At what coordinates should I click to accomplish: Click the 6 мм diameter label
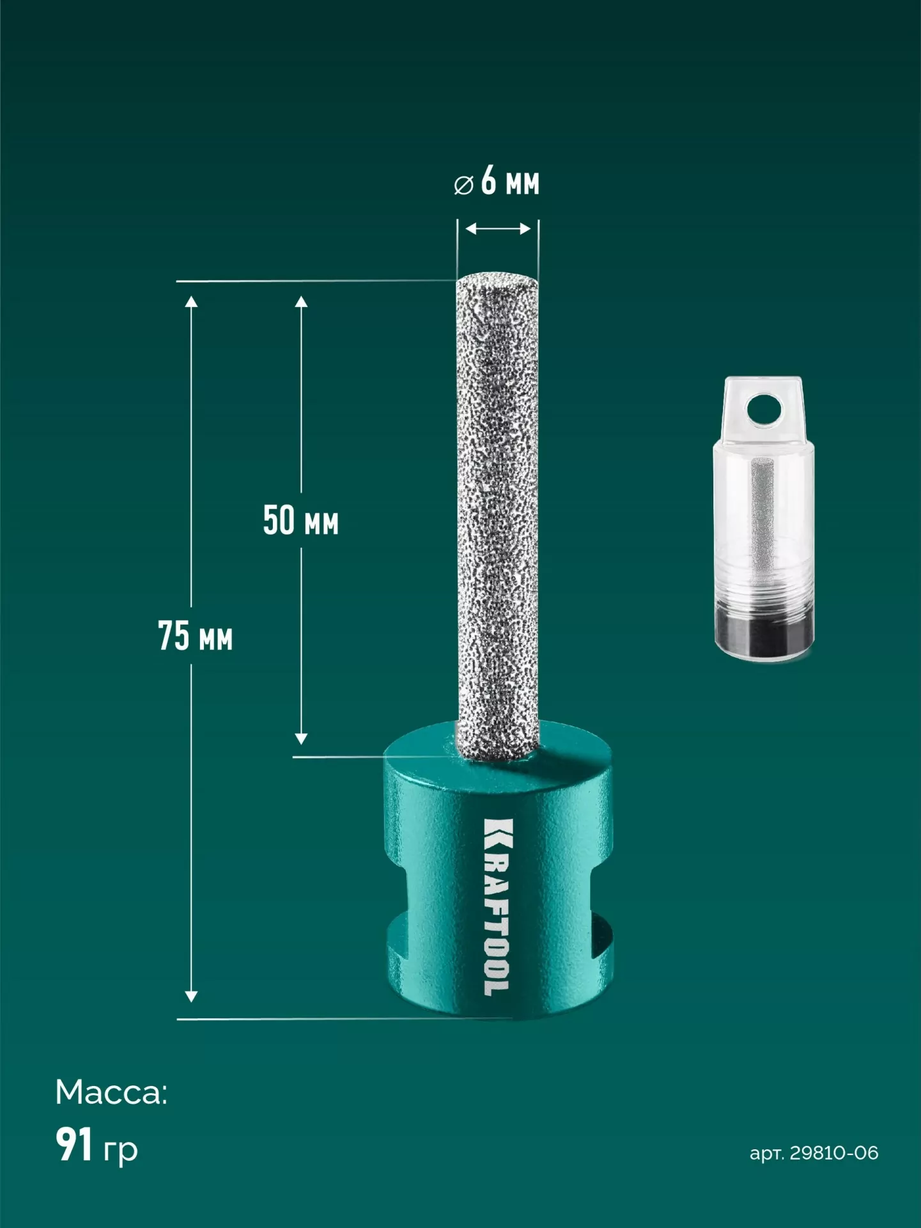510,180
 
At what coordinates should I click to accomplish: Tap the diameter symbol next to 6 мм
463,185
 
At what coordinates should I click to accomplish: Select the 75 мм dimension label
196,636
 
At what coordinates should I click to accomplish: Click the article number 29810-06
834,1153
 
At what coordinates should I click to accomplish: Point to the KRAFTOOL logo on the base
498,907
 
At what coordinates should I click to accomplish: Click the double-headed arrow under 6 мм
498,228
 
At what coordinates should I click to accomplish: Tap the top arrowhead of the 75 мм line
191,301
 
